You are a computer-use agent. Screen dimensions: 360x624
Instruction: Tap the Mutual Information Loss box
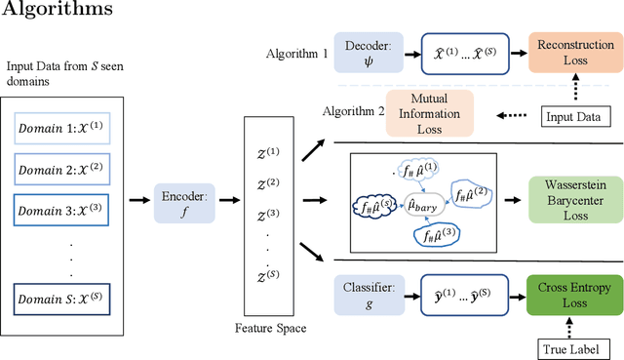point(429,113)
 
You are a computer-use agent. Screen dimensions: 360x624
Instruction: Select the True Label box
point(571,347)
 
